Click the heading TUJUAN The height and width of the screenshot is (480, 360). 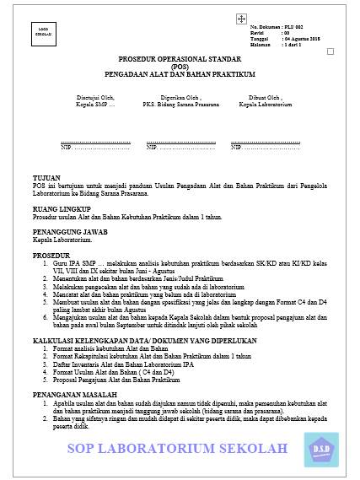(x=40, y=179)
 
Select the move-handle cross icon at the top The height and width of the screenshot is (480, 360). (x=241, y=18)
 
